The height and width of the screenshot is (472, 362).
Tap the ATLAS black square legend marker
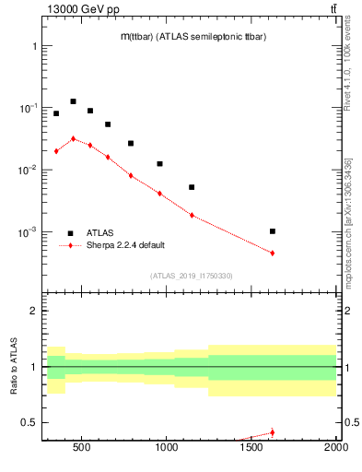click(70, 233)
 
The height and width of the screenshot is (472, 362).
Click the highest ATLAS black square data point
click(73, 101)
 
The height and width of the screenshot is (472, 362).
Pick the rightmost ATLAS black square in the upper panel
click(273, 231)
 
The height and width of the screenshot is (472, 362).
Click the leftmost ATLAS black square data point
click(56, 113)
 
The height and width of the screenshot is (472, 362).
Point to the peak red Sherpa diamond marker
click(73, 139)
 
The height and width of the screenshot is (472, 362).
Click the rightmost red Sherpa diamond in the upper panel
click(273, 253)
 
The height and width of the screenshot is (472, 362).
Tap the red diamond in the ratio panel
click(273, 432)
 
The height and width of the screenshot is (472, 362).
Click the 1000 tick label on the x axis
click(166, 448)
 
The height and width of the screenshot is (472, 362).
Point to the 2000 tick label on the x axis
click(335, 448)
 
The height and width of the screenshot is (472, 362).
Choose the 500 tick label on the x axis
click(81, 448)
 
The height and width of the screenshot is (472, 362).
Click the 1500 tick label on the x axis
click(251, 448)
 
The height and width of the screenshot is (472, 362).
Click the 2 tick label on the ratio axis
click(32, 311)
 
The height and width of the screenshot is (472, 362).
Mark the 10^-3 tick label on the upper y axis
click(26, 232)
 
